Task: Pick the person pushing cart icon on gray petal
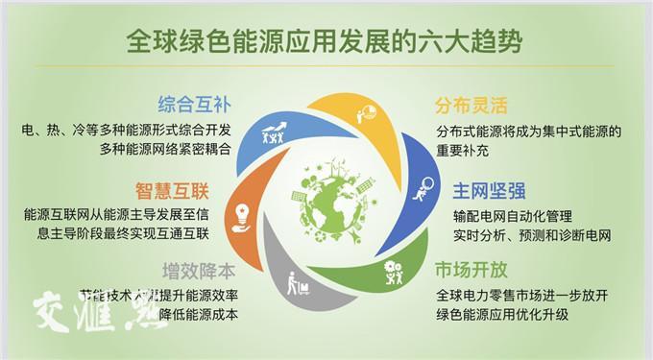click(x=296, y=284)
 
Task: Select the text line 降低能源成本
click(x=197, y=314)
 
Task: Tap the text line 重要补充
click(x=467, y=151)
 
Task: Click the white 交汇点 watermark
click(x=90, y=309)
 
